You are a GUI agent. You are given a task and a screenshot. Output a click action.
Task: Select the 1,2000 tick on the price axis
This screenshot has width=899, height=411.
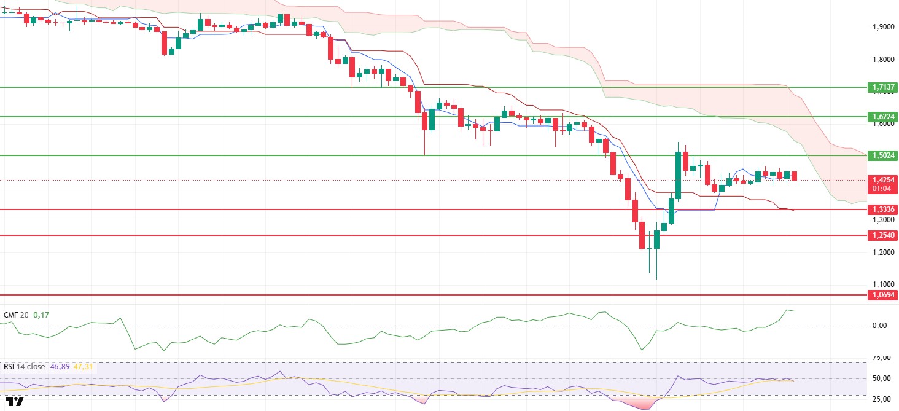tap(883, 252)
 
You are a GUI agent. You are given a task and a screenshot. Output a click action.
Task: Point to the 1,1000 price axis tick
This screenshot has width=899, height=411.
tap(883, 284)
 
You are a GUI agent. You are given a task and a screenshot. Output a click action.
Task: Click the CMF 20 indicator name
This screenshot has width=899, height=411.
tap(17, 315)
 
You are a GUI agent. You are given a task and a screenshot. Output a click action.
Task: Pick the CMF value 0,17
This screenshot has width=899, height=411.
tap(41, 315)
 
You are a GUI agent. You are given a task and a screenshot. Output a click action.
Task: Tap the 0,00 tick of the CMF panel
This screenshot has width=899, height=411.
tap(879, 326)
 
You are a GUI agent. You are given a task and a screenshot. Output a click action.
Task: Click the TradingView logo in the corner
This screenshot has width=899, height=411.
tap(17, 402)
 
